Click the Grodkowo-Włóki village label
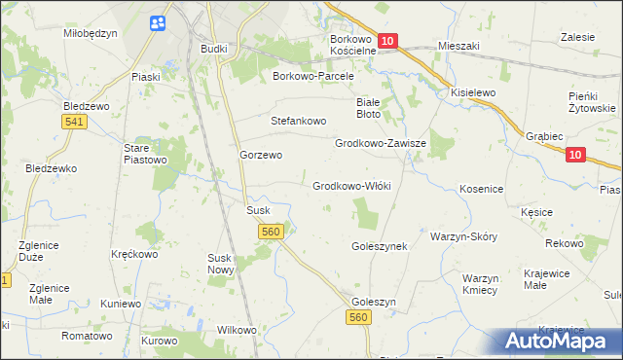351,186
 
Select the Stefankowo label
298,122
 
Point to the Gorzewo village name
261,155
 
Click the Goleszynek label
379,247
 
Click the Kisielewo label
473,92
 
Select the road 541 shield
71,121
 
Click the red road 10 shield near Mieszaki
387,41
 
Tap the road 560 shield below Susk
272,232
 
